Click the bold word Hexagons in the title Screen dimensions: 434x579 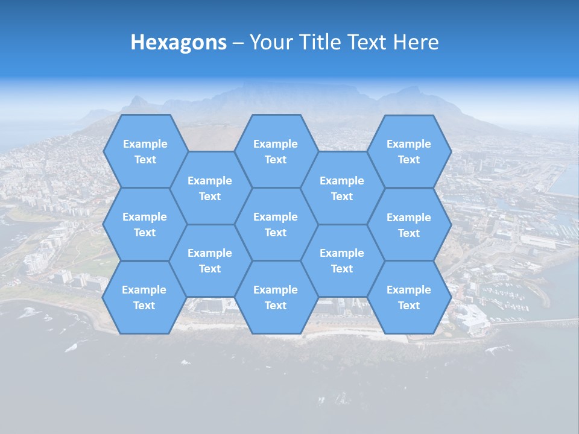(x=179, y=42)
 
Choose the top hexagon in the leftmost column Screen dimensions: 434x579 (x=145, y=151)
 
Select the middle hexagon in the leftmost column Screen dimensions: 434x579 (x=145, y=224)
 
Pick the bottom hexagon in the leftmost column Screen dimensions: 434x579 (x=144, y=297)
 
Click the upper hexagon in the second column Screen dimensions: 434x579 (x=210, y=188)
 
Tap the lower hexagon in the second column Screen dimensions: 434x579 (x=210, y=260)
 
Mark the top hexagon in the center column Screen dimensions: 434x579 (x=276, y=151)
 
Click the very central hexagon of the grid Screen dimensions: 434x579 (x=276, y=224)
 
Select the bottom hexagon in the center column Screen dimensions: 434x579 (x=276, y=297)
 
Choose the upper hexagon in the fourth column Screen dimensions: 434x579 (x=342, y=188)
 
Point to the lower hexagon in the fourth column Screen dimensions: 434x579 (x=342, y=260)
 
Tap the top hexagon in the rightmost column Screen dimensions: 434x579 (x=409, y=151)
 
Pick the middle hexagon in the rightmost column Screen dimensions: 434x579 (x=409, y=225)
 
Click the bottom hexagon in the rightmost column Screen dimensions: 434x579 (x=409, y=297)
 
